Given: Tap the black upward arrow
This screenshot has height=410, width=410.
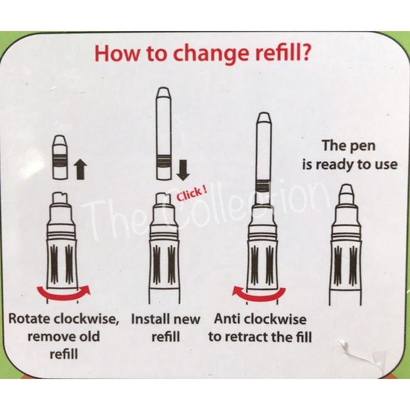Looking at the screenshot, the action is [81, 170].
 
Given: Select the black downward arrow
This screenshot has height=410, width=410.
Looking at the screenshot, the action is [183, 170].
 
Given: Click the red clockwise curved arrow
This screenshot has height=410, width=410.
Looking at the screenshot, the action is [64, 293].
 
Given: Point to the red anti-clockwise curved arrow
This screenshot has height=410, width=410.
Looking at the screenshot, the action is [259, 294].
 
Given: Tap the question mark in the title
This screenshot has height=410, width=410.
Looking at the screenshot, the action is [305, 52].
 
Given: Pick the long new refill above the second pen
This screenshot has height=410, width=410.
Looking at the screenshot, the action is [163, 134].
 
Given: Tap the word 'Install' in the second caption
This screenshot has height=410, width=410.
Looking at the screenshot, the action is [148, 319].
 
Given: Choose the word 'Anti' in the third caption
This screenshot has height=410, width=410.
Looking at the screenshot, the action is [227, 319].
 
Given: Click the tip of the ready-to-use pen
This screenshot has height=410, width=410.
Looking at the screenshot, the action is [347, 185].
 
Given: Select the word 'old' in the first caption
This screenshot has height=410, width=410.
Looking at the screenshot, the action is [89, 336].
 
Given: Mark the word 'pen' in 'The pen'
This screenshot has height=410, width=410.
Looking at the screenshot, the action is [363, 146].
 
